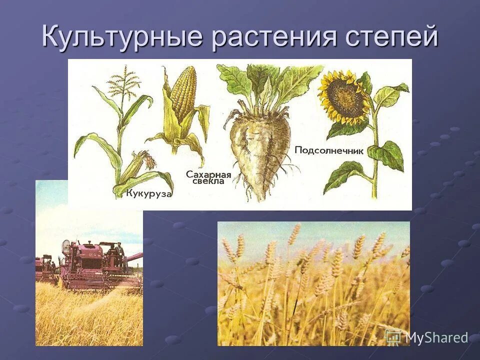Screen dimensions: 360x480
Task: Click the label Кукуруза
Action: [148, 193]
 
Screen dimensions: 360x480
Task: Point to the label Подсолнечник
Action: [328, 150]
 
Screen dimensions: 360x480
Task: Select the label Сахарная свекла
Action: [208, 178]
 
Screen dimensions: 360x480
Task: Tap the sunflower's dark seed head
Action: [345, 97]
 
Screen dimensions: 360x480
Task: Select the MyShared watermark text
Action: [436, 337]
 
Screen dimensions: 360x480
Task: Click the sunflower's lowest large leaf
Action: [345, 175]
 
